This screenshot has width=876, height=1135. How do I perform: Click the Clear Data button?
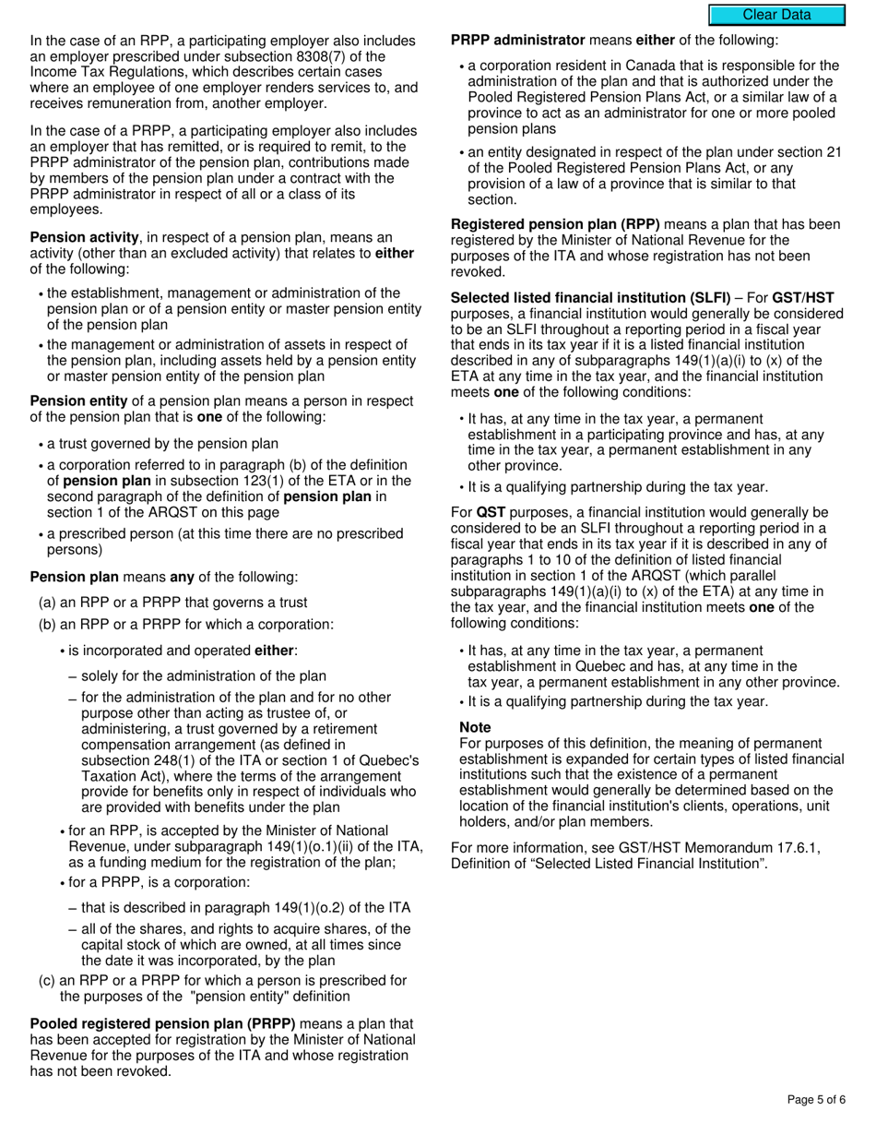pos(776,15)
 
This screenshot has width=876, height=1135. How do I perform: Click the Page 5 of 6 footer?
pos(816,1099)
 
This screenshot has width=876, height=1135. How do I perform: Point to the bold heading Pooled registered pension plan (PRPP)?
pos(163,1023)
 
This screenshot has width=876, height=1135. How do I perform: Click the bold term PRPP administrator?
pos(517,40)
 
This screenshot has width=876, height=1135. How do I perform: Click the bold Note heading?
pos(475,727)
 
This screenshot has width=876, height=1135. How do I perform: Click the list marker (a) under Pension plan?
pos(46,603)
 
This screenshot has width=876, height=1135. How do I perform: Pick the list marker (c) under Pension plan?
pos(46,980)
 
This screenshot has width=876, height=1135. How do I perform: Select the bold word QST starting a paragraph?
pos(489,512)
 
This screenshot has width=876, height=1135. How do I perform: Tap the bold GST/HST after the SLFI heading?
pos(802,297)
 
